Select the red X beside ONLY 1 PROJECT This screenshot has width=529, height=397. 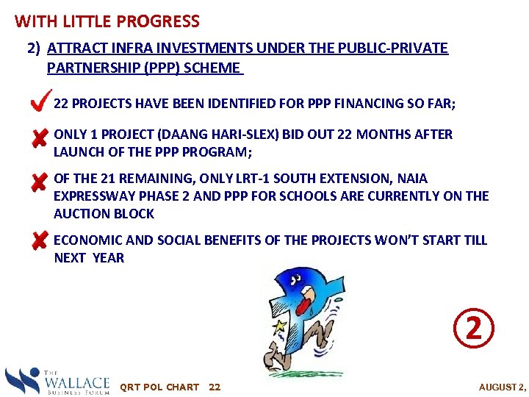click(40, 138)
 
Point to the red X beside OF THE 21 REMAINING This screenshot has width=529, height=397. click(40, 182)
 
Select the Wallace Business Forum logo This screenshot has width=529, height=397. click(57, 381)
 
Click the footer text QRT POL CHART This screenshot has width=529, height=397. click(159, 387)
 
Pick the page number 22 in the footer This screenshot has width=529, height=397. click(215, 387)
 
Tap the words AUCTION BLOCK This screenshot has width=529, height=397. click(104, 214)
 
